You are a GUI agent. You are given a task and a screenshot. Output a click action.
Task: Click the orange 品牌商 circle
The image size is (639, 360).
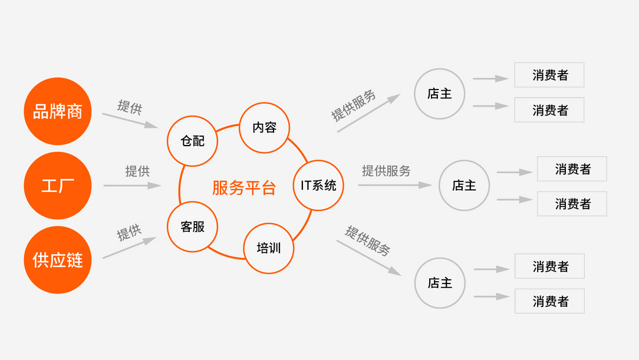pyautogui.click(x=57, y=111)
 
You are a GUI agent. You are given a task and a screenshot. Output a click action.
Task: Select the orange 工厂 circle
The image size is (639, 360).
pyautogui.click(x=57, y=186)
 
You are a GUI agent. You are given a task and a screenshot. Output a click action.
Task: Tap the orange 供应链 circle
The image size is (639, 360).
pyautogui.click(x=57, y=260)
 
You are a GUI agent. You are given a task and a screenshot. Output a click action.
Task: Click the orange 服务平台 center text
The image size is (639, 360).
pyautogui.click(x=244, y=188)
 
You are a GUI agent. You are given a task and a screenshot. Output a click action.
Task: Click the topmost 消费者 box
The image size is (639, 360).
pyautogui.click(x=549, y=75)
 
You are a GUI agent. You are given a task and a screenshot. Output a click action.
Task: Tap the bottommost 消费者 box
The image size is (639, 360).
pyautogui.click(x=550, y=301)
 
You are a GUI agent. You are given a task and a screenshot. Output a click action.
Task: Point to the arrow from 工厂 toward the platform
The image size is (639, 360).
pyautogui.click(x=133, y=186)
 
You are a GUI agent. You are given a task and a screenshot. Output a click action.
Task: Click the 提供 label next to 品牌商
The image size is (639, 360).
pyautogui.click(x=130, y=107)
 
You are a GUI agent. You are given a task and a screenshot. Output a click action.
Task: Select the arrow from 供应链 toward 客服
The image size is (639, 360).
pyautogui.click(x=130, y=247)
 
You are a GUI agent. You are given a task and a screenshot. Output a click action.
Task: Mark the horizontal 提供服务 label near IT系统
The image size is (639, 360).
pyautogui.click(x=386, y=171)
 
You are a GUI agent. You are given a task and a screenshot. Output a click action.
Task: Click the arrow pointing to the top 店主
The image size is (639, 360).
pyautogui.click(x=369, y=113)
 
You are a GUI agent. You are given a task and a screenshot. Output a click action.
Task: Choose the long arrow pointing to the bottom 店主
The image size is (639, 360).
pyautogui.click(x=369, y=258)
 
